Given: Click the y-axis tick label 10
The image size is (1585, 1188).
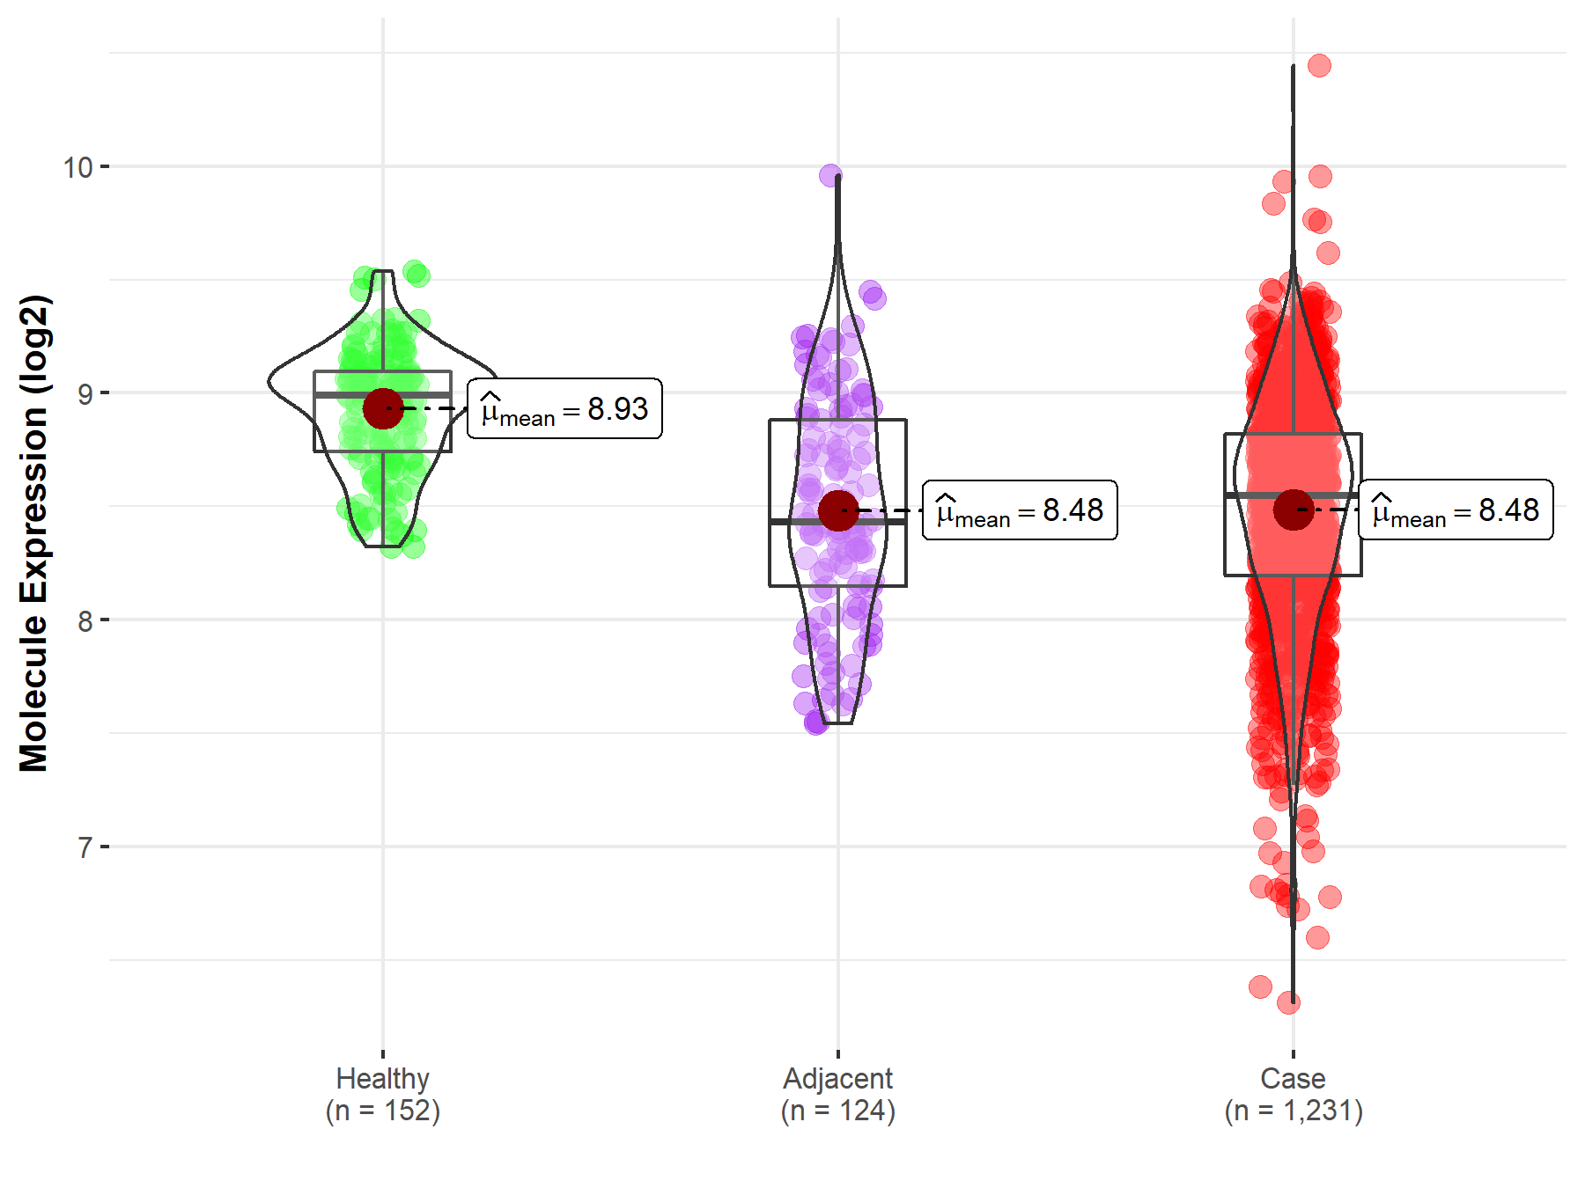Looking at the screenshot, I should click(77, 167).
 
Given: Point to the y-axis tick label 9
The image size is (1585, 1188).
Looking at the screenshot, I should click(85, 393).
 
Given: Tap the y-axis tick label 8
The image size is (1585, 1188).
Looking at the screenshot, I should click(85, 621).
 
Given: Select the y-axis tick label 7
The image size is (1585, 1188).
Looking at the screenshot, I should click(85, 847).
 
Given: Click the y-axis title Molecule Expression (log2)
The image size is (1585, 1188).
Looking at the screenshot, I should click(33, 533).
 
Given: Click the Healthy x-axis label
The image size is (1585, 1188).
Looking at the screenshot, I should click(382, 1078).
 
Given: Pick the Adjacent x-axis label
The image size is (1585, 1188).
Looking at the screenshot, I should click(837, 1078).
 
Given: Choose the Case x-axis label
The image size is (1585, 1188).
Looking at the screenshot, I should click(1293, 1078).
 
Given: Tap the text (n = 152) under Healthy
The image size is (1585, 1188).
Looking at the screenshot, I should click(382, 1111).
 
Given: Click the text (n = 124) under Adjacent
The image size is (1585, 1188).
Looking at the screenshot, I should click(837, 1111).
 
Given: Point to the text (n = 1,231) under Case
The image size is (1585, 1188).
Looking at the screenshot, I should click(1293, 1111).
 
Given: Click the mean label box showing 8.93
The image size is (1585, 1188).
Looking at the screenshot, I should click(564, 409).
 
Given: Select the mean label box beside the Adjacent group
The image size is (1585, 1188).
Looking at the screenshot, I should click(1020, 510).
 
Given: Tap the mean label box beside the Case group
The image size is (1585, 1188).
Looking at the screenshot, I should click(1456, 510).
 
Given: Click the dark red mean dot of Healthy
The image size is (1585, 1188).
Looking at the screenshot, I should click(382, 408).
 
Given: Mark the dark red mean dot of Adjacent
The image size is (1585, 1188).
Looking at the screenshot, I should click(837, 510).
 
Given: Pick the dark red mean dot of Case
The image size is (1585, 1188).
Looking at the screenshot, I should click(1293, 510).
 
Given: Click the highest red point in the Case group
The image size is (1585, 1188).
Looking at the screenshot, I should click(1319, 65).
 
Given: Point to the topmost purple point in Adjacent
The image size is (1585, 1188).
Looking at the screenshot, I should click(830, 175).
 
